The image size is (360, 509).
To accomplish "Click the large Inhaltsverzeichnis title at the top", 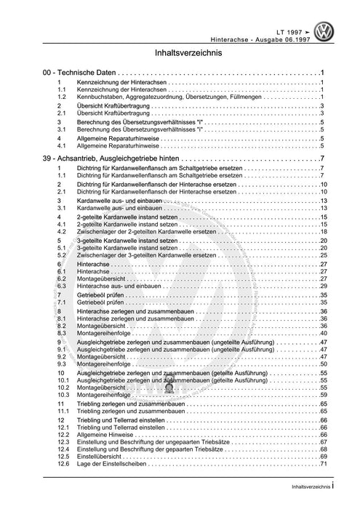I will (180, 54).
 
